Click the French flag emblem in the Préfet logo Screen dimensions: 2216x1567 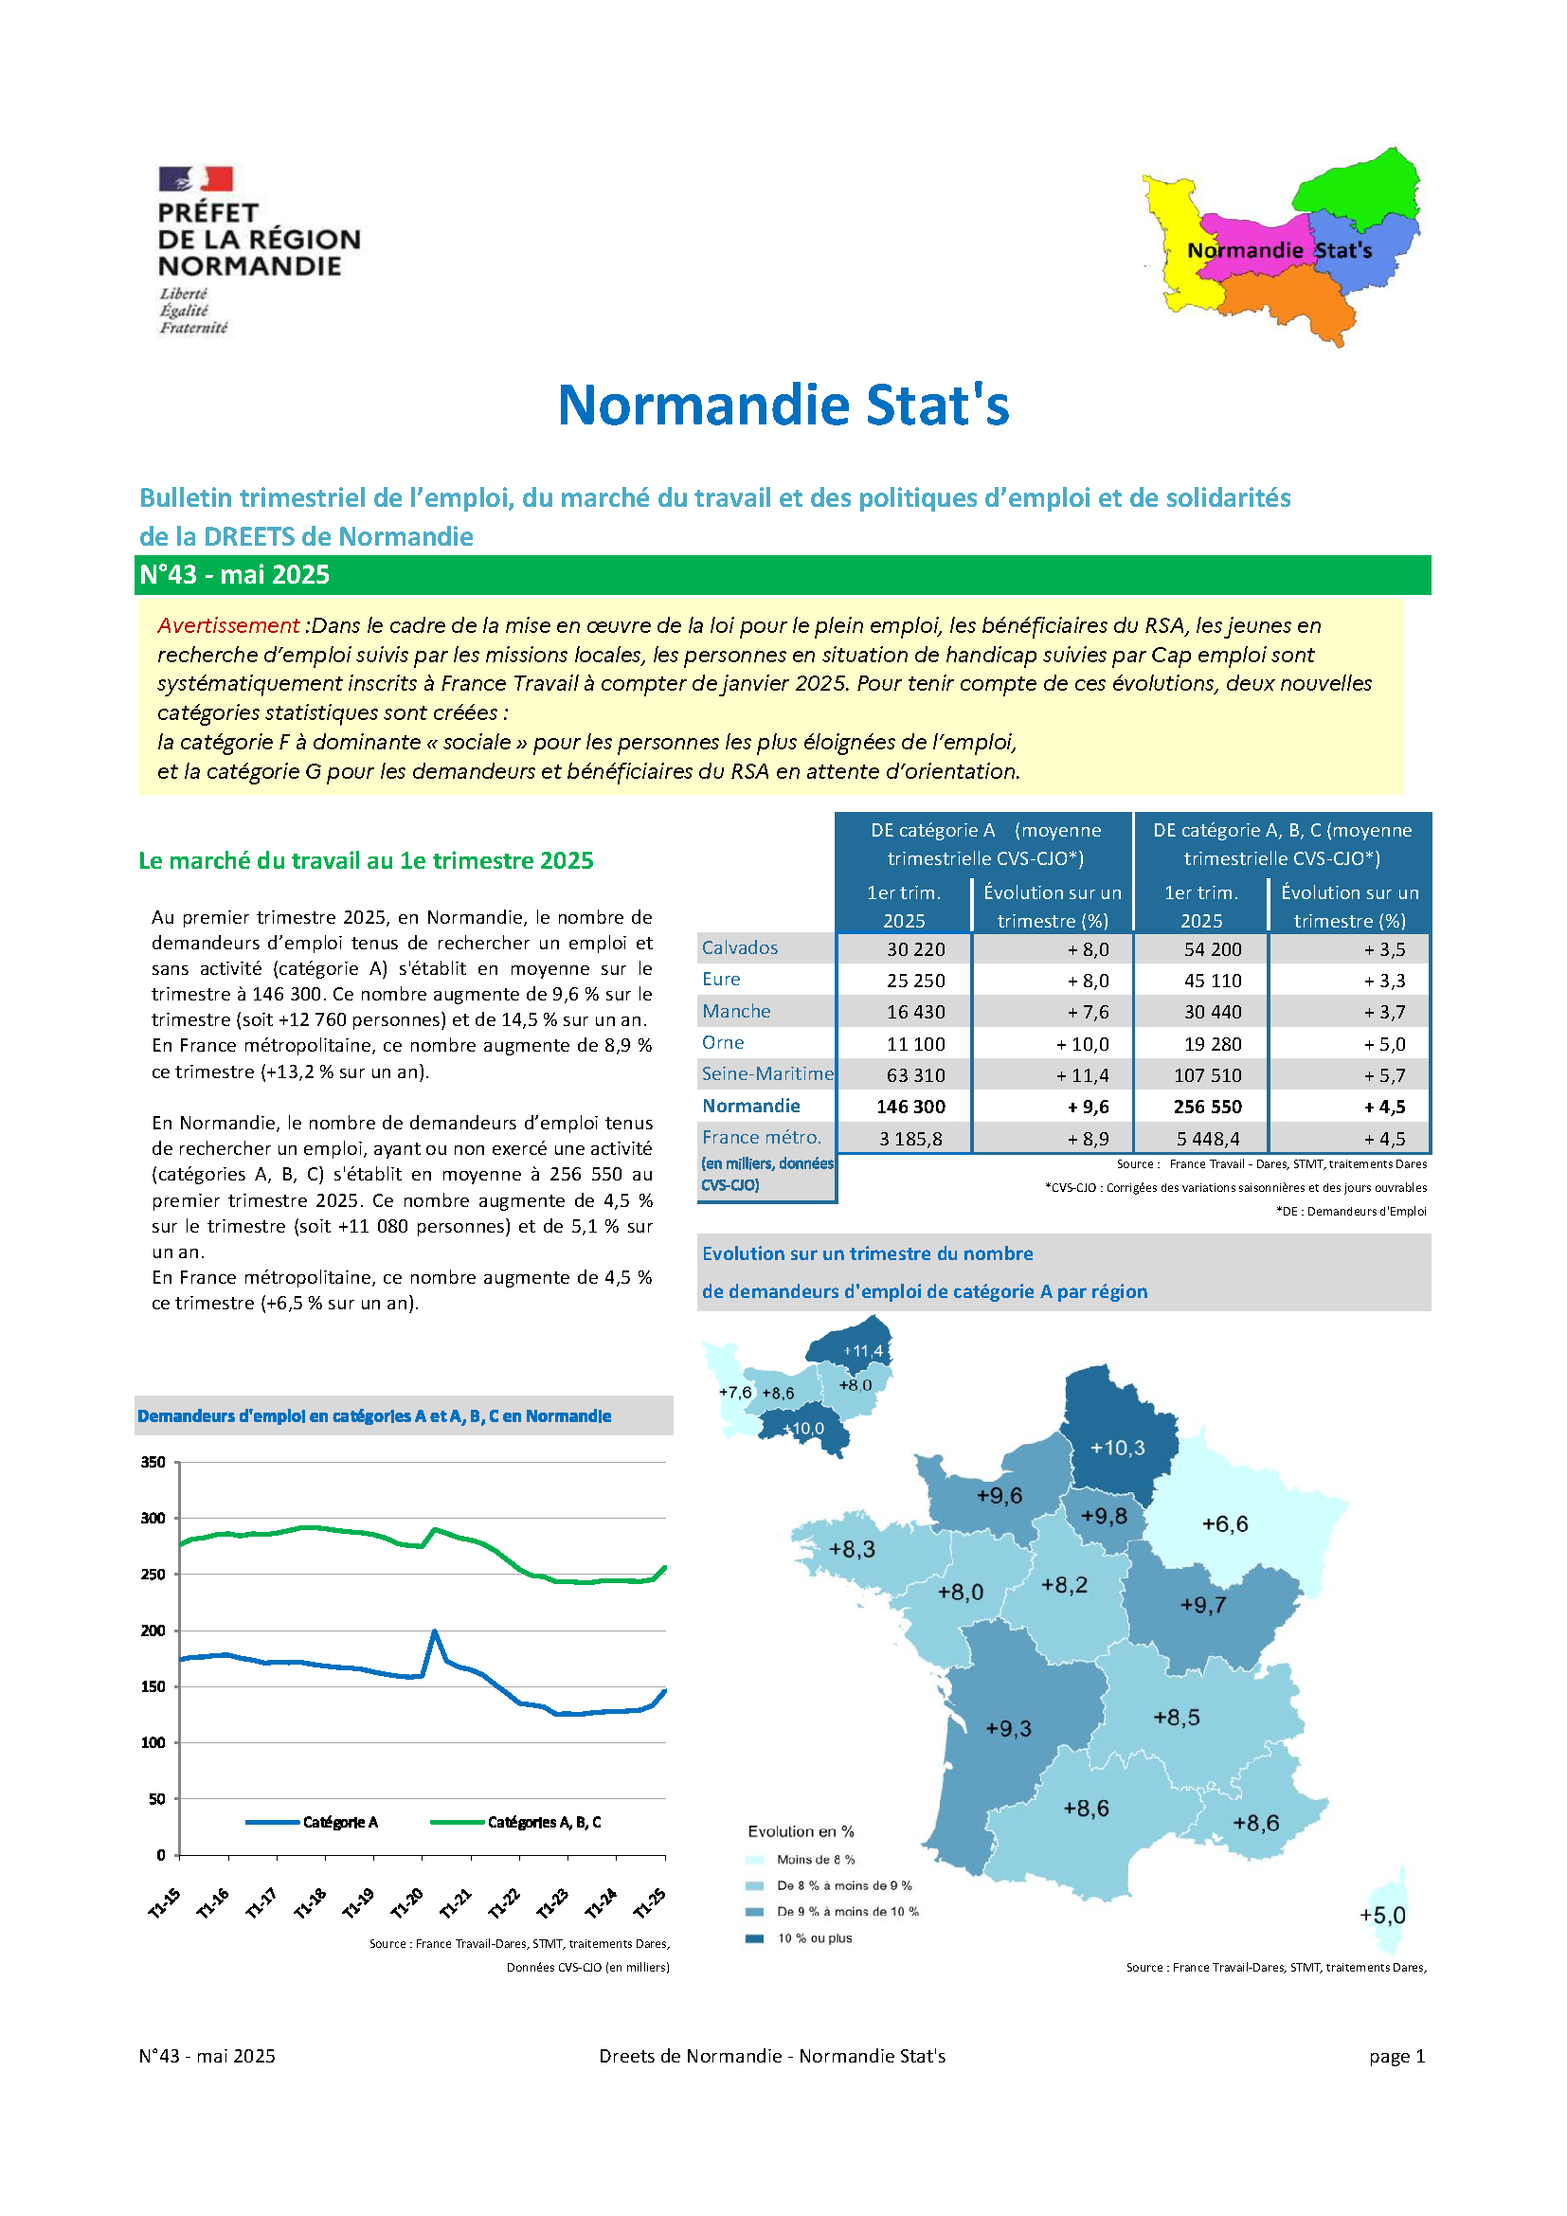coord(196,178)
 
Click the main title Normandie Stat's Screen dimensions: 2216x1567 coord(783,405)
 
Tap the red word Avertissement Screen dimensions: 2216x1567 coord(227,625)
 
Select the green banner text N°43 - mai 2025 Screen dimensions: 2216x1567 coord(234,575)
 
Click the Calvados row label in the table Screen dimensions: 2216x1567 coord(739,947)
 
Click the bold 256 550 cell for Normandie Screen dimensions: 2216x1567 coord(1206,1107)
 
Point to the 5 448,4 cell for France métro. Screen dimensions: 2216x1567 coord(1207,1139)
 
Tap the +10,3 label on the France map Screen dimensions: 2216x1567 coord(1117,1448)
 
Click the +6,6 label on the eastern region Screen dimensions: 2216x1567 coord(1224,1524)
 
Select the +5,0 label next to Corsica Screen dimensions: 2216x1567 coord(1381,1916)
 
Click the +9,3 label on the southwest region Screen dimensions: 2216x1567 coord(1008,1729)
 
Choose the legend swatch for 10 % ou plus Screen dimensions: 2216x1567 coord(755,1938)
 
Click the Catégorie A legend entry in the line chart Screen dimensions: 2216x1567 coord(340,1822)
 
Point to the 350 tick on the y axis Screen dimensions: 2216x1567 coord(153,1462)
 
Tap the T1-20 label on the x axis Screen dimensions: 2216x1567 coord(407,1902)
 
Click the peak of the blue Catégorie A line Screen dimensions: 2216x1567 coord(434,1631)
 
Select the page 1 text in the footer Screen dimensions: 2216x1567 coord(1396,2056)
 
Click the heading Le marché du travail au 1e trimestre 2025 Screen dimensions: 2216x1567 coord(366,861)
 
